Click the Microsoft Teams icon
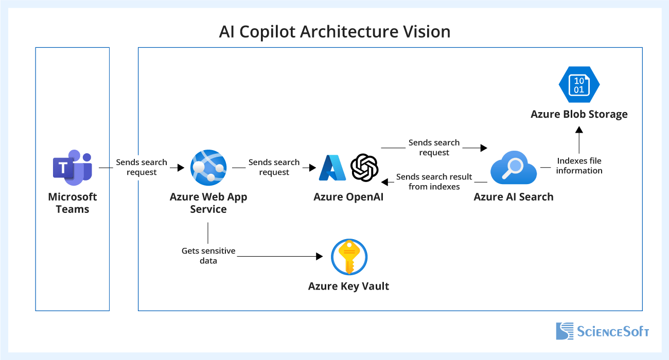[72, 167]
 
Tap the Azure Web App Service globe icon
[208, 168]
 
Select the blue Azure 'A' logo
[332, 168]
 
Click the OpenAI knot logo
[364, 168]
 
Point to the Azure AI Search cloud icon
[513, 168]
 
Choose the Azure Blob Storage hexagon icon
[579, 85]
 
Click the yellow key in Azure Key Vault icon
[349, 257]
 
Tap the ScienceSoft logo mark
[565, 331]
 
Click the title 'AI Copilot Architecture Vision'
[334, 31]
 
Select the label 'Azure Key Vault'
[348, 286]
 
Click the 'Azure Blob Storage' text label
[579, 114]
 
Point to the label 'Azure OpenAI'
[348, 197]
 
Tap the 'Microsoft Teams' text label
[72, 203]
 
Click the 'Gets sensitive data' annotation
[208, 256]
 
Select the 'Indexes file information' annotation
[579, 166]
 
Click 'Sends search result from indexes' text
[434, 182]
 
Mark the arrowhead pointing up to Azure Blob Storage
[579, 131]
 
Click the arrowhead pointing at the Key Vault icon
[319, 256]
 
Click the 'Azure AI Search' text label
[513, 197]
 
